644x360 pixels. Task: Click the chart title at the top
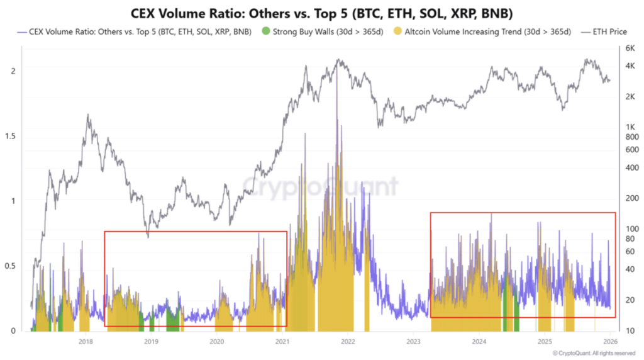322,13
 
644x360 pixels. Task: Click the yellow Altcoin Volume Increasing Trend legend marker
397,31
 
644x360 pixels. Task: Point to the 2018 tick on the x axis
86,341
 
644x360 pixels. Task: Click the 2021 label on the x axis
282,341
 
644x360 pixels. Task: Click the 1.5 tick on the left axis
9,137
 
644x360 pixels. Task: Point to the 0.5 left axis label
9,266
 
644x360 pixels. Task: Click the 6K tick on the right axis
628,48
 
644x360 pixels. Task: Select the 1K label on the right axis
628,127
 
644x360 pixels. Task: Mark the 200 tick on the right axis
630,198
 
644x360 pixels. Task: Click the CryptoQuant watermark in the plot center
321,187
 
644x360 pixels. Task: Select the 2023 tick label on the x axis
414,341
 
